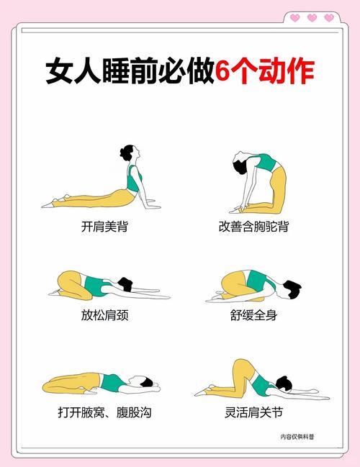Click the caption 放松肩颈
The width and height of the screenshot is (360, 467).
click(105, 314)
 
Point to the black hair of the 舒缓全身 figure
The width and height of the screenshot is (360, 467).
click(291, 289)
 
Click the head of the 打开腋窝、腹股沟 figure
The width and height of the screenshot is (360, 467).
click(149, 385)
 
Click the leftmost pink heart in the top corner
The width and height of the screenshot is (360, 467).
click(295, 17)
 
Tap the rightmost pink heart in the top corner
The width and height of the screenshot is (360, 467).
click(329, 17)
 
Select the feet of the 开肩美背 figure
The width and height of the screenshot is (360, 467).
click(49, 204)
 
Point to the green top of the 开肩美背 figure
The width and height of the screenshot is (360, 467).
click(134, 179)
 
